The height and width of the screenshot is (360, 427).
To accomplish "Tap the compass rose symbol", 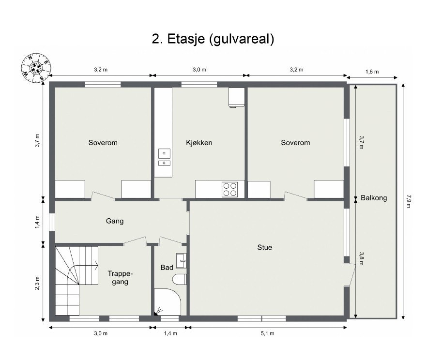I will pos(35,67).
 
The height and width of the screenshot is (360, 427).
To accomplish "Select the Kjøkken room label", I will pos(199,143).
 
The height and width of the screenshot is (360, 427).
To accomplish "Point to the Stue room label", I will pos(264,247).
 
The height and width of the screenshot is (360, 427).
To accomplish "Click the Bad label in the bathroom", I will pos(167,267).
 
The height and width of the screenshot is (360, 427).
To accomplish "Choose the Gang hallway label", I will pos(115,221).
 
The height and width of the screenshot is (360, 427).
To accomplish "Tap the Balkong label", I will pos(374,198).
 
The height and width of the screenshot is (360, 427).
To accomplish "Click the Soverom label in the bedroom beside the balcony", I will pos(295,143).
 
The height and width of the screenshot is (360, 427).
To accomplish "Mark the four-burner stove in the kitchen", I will pos(229,189).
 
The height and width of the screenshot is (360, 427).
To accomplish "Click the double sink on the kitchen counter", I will pos(165,158).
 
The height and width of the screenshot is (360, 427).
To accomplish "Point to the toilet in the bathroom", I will pos(179,280).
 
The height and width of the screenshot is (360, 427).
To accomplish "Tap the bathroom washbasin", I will pos(182,260).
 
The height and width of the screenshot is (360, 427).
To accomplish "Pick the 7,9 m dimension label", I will pos(409,201).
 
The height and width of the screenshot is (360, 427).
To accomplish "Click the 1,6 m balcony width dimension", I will pos(372,71).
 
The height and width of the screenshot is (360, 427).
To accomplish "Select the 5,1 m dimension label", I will pos(269,333).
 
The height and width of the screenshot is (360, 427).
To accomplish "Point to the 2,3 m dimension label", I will pos(38,282).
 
